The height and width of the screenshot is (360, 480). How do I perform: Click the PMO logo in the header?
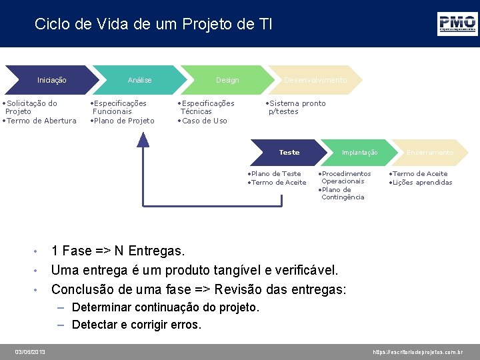click(x=457, y=24)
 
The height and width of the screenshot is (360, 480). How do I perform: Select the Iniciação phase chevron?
click(x=52, y=80)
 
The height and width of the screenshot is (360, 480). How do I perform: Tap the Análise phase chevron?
click(x=139, y=80)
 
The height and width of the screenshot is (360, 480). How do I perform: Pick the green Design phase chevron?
click(x=227, y=80)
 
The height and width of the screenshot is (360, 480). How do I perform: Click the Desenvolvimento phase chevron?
click(x=315, y=80)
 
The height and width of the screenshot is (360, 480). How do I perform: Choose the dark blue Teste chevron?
click(x=289, y=153)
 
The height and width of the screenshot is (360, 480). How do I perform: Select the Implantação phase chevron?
click(x=359, y=153)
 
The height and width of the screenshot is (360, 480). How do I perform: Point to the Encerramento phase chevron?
click(x=430, y=153)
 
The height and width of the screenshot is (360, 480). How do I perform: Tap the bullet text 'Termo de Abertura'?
click(x=41, y=121)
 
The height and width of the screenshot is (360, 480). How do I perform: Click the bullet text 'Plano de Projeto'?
click(x=124, y=121)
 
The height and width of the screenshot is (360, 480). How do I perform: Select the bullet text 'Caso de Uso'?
click(x=205, y=121)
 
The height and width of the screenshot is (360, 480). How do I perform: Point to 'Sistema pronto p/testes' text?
click(x=295, y=107)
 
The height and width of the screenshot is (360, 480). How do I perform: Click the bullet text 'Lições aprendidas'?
click(x=422, y=183)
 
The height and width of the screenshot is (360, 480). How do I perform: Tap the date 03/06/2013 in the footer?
click(x=31, y=351)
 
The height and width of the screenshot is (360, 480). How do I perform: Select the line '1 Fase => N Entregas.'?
click(x=118, y=251)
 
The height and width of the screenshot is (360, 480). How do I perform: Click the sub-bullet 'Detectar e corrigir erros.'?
click(x=136, y=325)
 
